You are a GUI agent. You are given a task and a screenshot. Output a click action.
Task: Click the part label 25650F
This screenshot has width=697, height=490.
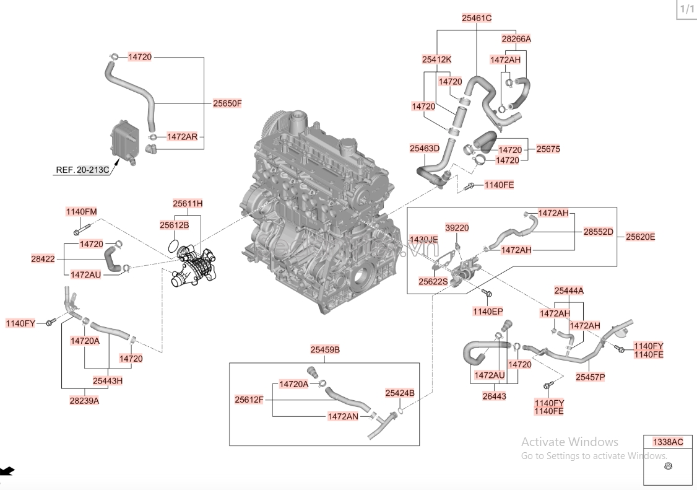pos(227,103)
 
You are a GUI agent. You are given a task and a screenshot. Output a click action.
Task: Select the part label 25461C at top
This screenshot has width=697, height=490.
pos(476,19)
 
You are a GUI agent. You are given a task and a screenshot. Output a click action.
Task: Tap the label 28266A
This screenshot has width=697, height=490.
pos(516,38)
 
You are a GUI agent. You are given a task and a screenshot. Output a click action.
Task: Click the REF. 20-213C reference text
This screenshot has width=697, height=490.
pos(82,169)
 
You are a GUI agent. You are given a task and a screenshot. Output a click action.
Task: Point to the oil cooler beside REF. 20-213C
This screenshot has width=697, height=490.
pos(121,141)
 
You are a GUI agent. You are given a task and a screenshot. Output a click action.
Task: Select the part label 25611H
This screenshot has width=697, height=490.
pos(188,203)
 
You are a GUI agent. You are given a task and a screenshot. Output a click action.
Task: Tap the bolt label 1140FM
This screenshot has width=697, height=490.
pos(81,212)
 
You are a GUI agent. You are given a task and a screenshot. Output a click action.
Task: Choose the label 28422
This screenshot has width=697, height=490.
pos(43,258)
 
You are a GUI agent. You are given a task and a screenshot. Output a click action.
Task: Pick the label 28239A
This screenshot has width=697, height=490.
pos(84,400)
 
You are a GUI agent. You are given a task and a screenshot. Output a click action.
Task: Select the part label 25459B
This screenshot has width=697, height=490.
pos(325,350)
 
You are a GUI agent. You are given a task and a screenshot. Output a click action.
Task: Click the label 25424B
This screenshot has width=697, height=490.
pos(399,393)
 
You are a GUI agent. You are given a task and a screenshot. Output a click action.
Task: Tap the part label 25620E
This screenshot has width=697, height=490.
pos(640,237)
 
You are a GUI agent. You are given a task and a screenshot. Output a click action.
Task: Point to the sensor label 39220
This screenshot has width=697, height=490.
pos(457,228)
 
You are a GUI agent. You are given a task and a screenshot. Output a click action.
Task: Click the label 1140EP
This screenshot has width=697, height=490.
pos(488,311)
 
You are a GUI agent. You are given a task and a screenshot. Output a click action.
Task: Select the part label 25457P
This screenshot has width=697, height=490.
pos(590,376)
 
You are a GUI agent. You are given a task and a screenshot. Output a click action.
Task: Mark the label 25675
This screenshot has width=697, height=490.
pos(548,149)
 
